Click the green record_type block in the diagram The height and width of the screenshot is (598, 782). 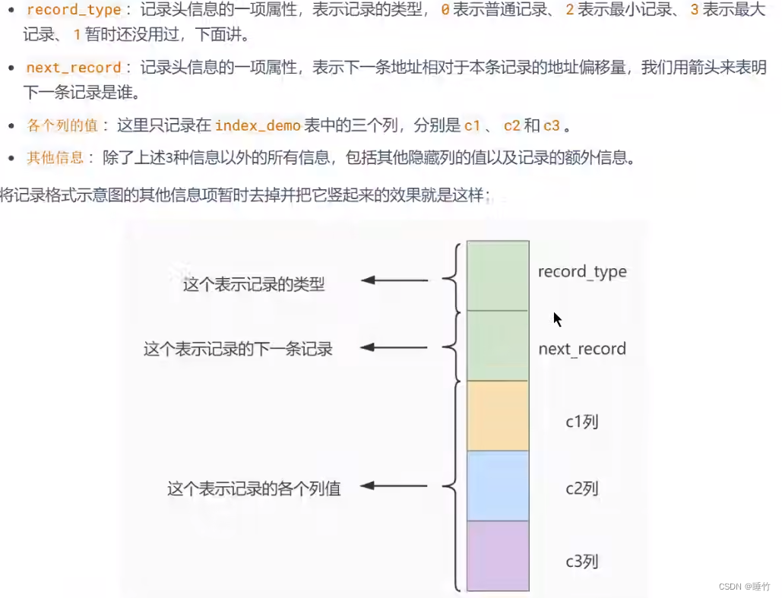498,275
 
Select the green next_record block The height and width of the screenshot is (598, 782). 498,345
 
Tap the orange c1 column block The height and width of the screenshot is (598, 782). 498,416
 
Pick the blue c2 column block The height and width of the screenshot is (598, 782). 498,486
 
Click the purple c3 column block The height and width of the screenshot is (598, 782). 498,555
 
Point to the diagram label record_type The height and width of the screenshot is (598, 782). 582,272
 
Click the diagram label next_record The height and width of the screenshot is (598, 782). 582,350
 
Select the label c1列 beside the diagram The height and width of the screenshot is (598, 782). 582,420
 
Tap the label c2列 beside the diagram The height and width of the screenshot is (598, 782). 582,488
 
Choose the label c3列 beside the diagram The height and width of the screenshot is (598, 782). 582,562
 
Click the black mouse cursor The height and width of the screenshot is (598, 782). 557,319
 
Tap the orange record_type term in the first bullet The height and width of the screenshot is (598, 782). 74,11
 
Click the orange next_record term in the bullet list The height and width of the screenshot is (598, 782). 74,68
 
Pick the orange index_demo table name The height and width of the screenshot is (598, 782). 258,125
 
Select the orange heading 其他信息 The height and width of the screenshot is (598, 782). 55,157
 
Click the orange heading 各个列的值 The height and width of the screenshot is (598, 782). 62,125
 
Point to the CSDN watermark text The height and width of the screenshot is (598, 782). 746,587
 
